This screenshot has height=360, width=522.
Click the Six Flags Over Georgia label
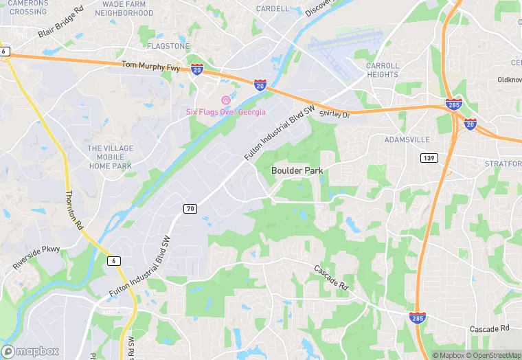(226, 112)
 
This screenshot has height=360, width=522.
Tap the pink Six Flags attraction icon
(225, 100)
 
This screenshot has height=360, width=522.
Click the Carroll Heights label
(382, 70)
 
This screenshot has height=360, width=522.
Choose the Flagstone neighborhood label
(168, 46)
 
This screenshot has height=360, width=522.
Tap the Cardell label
(272, 9)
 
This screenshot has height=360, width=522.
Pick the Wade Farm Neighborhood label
(124, 8)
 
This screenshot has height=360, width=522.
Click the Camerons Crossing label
(27, 7)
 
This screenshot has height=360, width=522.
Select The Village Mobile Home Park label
(110, 157)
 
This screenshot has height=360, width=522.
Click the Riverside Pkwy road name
(36, 257)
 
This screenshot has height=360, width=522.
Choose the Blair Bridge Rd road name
(60, 23)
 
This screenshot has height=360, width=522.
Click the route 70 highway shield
(190, 207)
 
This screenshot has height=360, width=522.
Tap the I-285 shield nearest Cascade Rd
(416, 317)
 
